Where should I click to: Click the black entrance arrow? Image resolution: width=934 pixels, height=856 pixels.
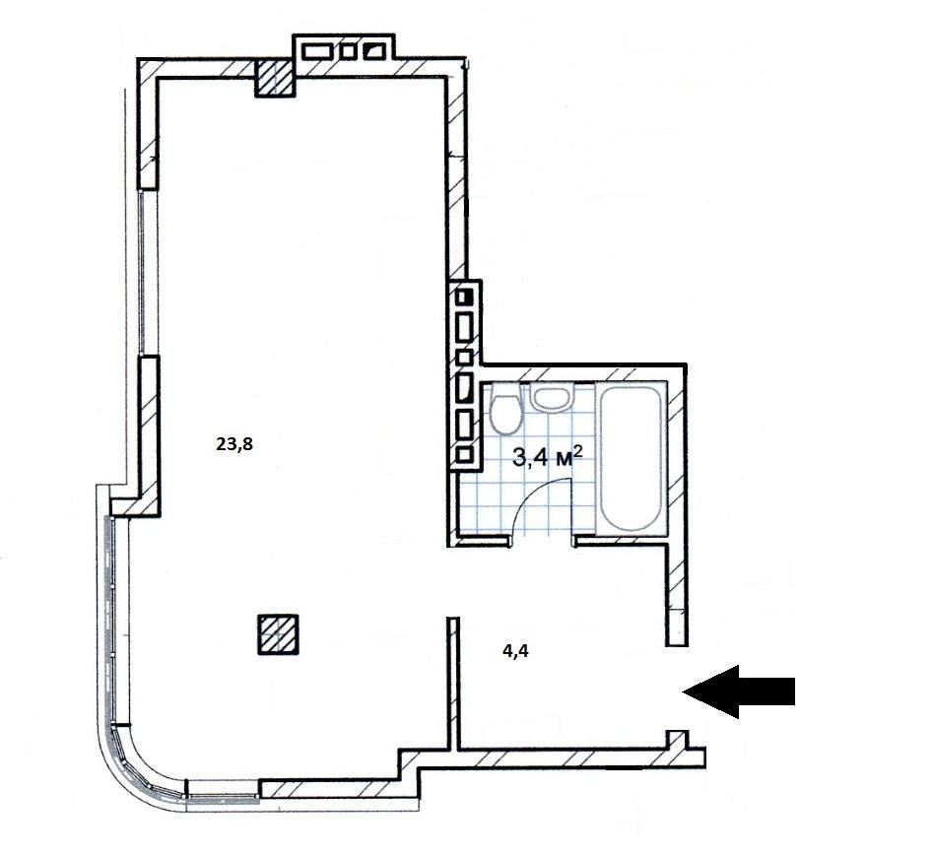739,691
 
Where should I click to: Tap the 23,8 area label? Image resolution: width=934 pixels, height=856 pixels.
234,444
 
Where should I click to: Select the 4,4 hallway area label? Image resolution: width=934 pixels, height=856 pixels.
516,651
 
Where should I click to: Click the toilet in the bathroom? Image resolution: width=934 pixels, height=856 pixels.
505,408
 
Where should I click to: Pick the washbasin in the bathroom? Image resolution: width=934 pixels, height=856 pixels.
551,397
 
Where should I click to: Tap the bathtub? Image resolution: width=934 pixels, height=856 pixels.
631,456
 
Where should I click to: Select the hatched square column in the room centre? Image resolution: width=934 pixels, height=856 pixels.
278,634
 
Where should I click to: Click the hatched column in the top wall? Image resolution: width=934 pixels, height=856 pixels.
275,78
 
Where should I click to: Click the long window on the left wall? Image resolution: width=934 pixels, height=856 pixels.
142,273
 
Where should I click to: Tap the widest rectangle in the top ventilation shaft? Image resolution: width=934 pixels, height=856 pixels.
317,50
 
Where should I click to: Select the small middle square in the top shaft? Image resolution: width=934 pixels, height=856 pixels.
347,50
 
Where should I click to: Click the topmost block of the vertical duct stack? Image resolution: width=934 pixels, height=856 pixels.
465,296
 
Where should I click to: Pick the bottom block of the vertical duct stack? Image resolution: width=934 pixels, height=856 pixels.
465,455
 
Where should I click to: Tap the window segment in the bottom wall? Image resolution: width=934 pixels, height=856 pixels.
224,796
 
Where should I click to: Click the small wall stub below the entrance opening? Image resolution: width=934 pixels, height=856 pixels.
677,740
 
